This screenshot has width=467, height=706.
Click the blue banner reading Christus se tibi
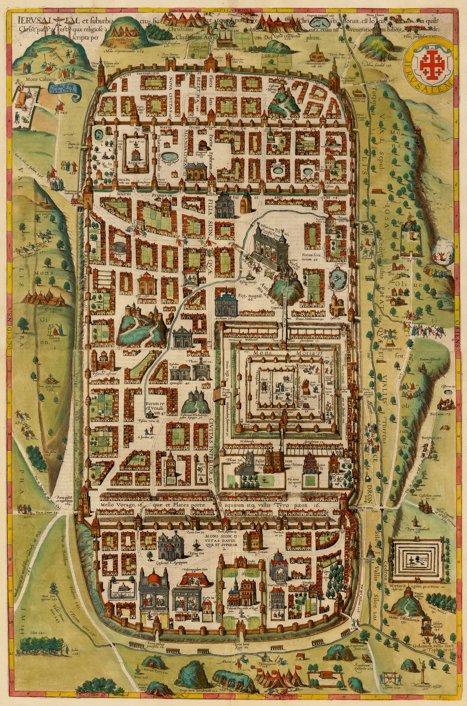tap(64, 89)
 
